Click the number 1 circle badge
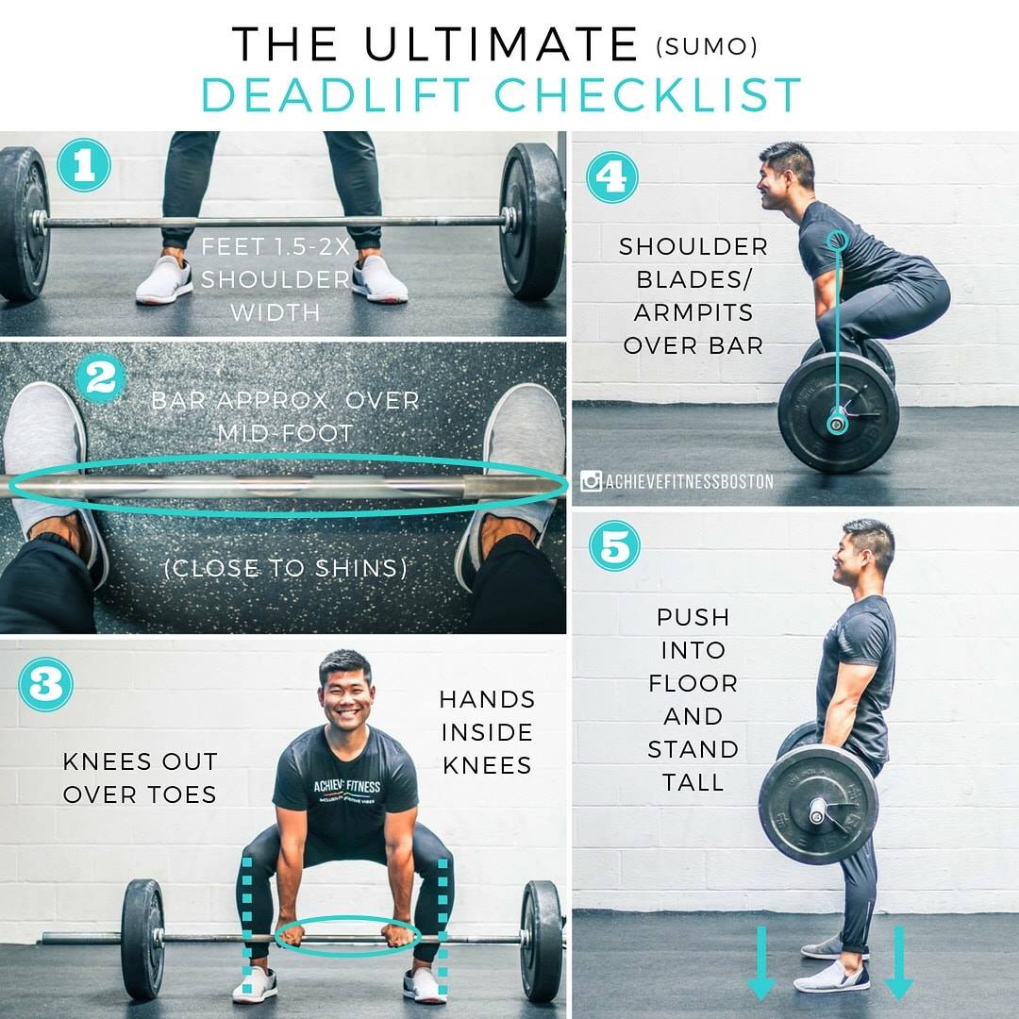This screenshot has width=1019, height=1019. (84, 165)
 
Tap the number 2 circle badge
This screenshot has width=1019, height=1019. (101, 377)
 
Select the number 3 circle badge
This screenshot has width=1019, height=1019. (45, 684)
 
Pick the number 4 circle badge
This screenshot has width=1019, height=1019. (612, 176)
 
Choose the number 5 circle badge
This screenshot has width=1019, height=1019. (615, 546)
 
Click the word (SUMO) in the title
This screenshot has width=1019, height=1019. (707, 47)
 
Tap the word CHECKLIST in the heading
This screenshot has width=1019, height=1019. (648, 95)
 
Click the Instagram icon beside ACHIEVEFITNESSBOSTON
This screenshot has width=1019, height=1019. (591, 481)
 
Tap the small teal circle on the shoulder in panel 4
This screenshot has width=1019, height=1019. (839, 241)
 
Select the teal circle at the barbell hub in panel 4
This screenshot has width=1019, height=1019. (836, 425)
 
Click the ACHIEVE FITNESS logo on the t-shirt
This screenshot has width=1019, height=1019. (346, 790)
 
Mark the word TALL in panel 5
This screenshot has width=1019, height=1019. (693, 782)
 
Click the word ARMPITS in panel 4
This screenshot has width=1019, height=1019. (693, 312)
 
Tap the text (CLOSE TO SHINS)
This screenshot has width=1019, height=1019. (286, 569)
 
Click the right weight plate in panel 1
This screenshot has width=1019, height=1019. (532, 221)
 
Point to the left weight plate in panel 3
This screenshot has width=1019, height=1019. (142, 939)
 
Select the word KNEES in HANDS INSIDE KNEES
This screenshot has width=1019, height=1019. (488, 765)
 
